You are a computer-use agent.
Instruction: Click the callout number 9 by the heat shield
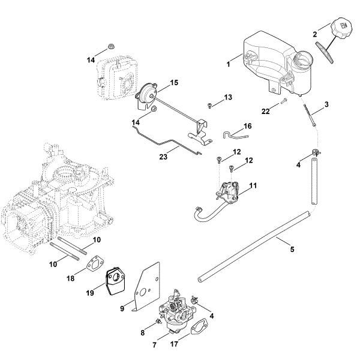pyautogui.click(x=122, y=308)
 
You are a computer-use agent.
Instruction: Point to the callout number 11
pyautogui.click(x=253, y=187)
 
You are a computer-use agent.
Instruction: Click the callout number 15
pyautogui.click(x=175, y=82)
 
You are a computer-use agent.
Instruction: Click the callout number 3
pyautogui.click(x=326, y=105)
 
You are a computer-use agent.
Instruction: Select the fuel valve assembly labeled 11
pyautogui.click(x=229, y=190)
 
